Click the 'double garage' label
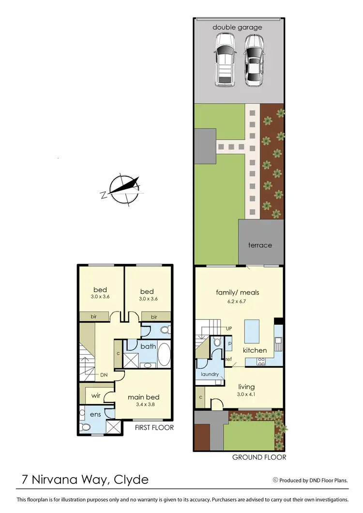click(x=237, y=27)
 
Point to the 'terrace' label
click(x=260, y=245)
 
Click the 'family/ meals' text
click(x=238, y=292)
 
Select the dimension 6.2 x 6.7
click(x=238, y=301)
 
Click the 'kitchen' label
click(x=255, y=350)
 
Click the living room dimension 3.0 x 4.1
click(x=246, y=395)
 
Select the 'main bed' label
click(x=143, y=397)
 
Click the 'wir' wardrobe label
click(x=96, y=396)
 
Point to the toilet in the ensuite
click(x=86, y=427)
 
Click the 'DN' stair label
click(x=104, y=374)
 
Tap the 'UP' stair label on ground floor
click(x=229, y=328)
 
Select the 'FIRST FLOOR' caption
click(x=154, y=428)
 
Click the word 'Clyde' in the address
click(x=131, y=480)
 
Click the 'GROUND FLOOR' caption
click(x=259, y=457)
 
